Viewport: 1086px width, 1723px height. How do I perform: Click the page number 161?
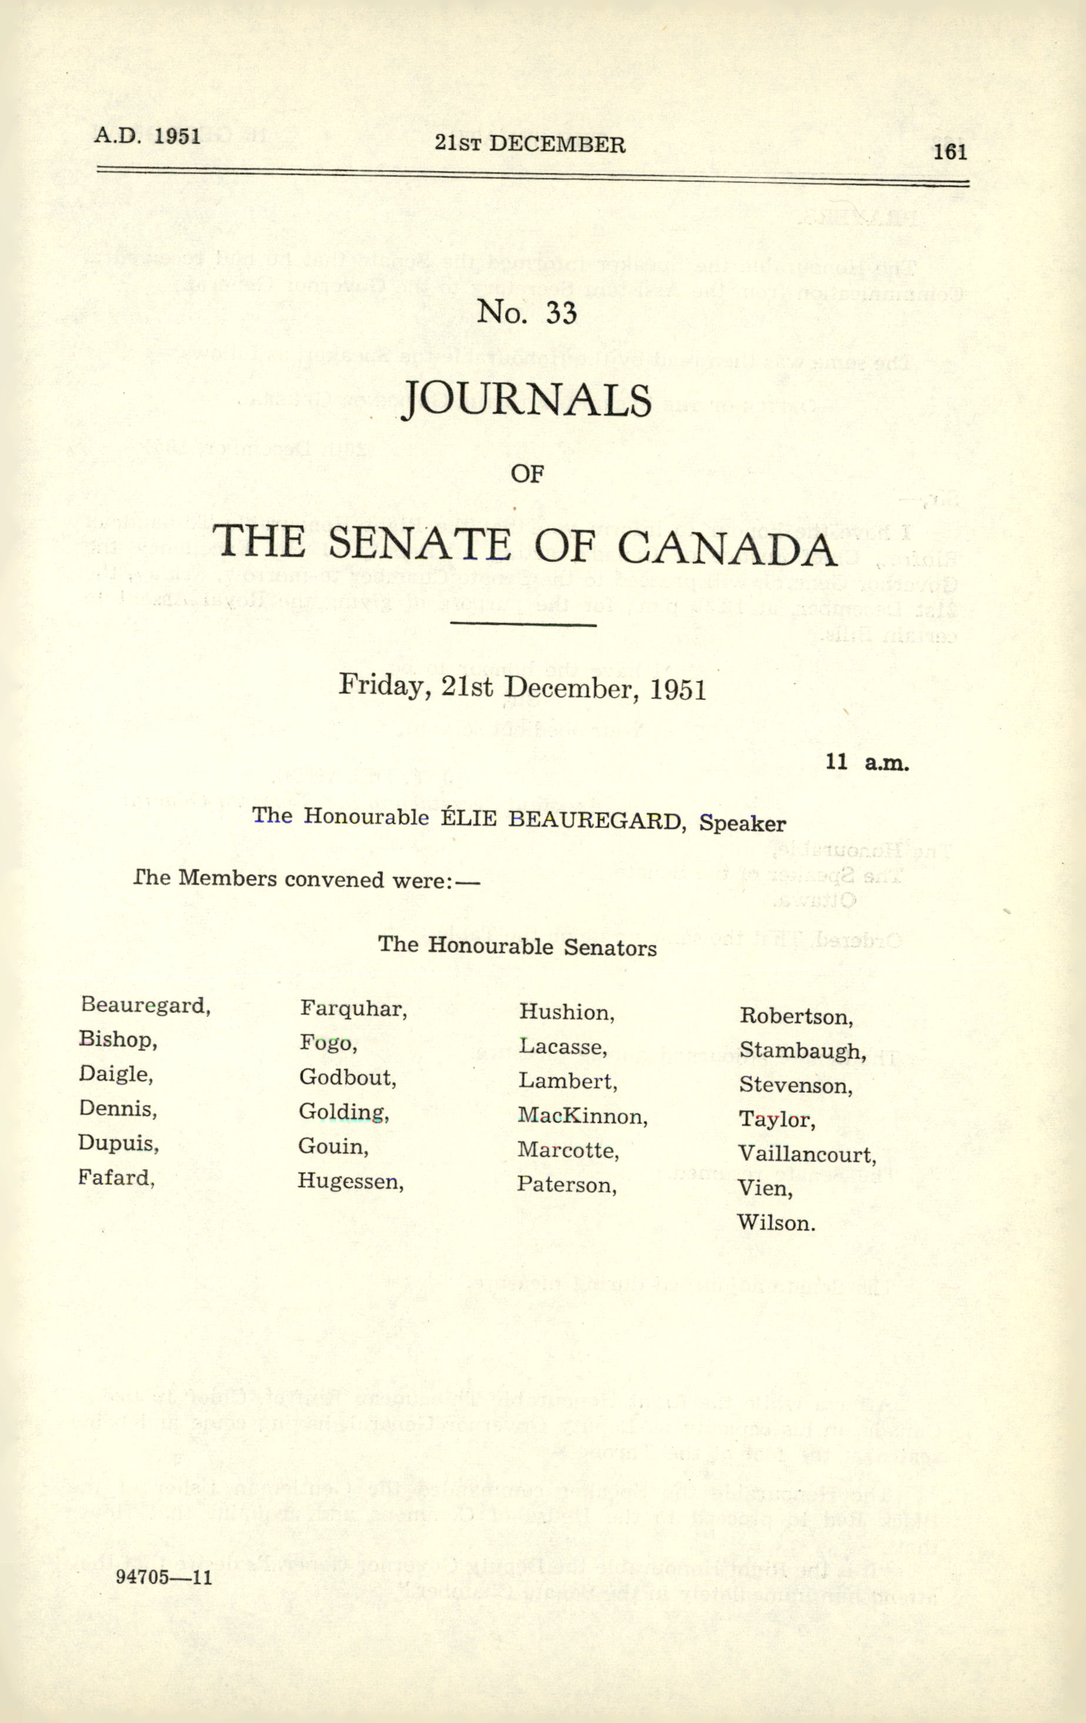point(950,152)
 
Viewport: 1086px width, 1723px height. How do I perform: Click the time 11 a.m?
point(867,762)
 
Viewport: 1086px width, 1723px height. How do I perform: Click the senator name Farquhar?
point(353,1009)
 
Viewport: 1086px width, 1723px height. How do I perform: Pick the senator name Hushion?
point(566,1013)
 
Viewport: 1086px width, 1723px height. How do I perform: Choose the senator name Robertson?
point(796,1016)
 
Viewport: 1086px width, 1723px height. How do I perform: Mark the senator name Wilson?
point(776,1223)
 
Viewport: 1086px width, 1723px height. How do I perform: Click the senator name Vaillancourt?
point(807,1154)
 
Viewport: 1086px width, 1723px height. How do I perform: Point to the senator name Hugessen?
point(350,1181)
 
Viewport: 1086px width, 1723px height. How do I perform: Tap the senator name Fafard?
point(116,1177)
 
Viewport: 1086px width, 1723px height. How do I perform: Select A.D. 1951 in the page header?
point(147,135)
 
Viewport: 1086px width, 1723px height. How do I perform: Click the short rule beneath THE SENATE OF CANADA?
point(523,625)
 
